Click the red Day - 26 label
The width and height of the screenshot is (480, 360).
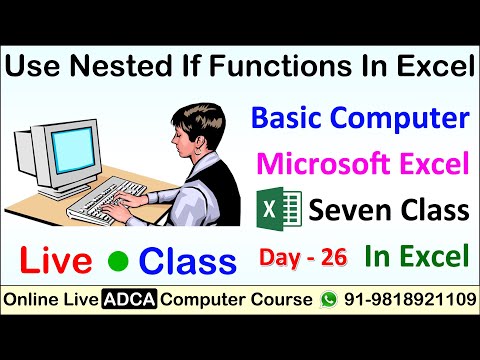(x=303, y=258)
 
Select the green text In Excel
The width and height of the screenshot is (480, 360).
(x=417, y=257)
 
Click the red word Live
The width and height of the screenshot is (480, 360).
(x=59, y=262)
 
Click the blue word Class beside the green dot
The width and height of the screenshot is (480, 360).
(x=188, y=262)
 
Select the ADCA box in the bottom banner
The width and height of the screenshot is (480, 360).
(x=133, y=300)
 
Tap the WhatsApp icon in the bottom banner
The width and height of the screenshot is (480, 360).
(x=328, y=300)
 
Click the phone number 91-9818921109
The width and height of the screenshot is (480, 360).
(x=405, y=300)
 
